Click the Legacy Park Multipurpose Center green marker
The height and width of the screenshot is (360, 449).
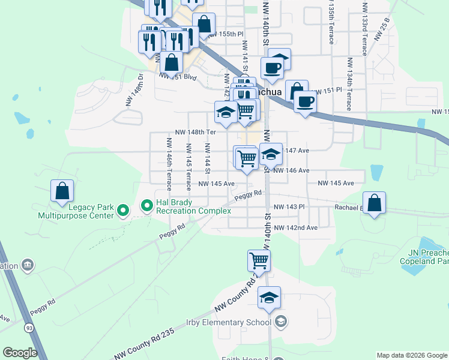pyautogui.click(x=123, y=210)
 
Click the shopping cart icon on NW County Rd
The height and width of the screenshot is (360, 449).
pyautogui.click(x=259, y=261)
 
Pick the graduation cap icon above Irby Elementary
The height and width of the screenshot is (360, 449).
pyautogui.click(x=270, y=297)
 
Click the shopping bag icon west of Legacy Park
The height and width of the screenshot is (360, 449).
pyautogui.click(x=62, y=191)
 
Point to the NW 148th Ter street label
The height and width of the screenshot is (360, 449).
pyautogui.click(x=195, y=132)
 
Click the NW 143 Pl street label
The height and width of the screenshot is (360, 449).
pyautogui.click(x=289, y=207)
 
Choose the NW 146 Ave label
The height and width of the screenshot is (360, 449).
pyautogui.click(x=291, y=170)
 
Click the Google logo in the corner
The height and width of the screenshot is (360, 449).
pyautogui.click(x=20, y=353)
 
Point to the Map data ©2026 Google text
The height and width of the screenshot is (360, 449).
pyautogui.click(x=411, y=355)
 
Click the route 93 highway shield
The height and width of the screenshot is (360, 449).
pyautogui.click(x=29, y=328)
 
